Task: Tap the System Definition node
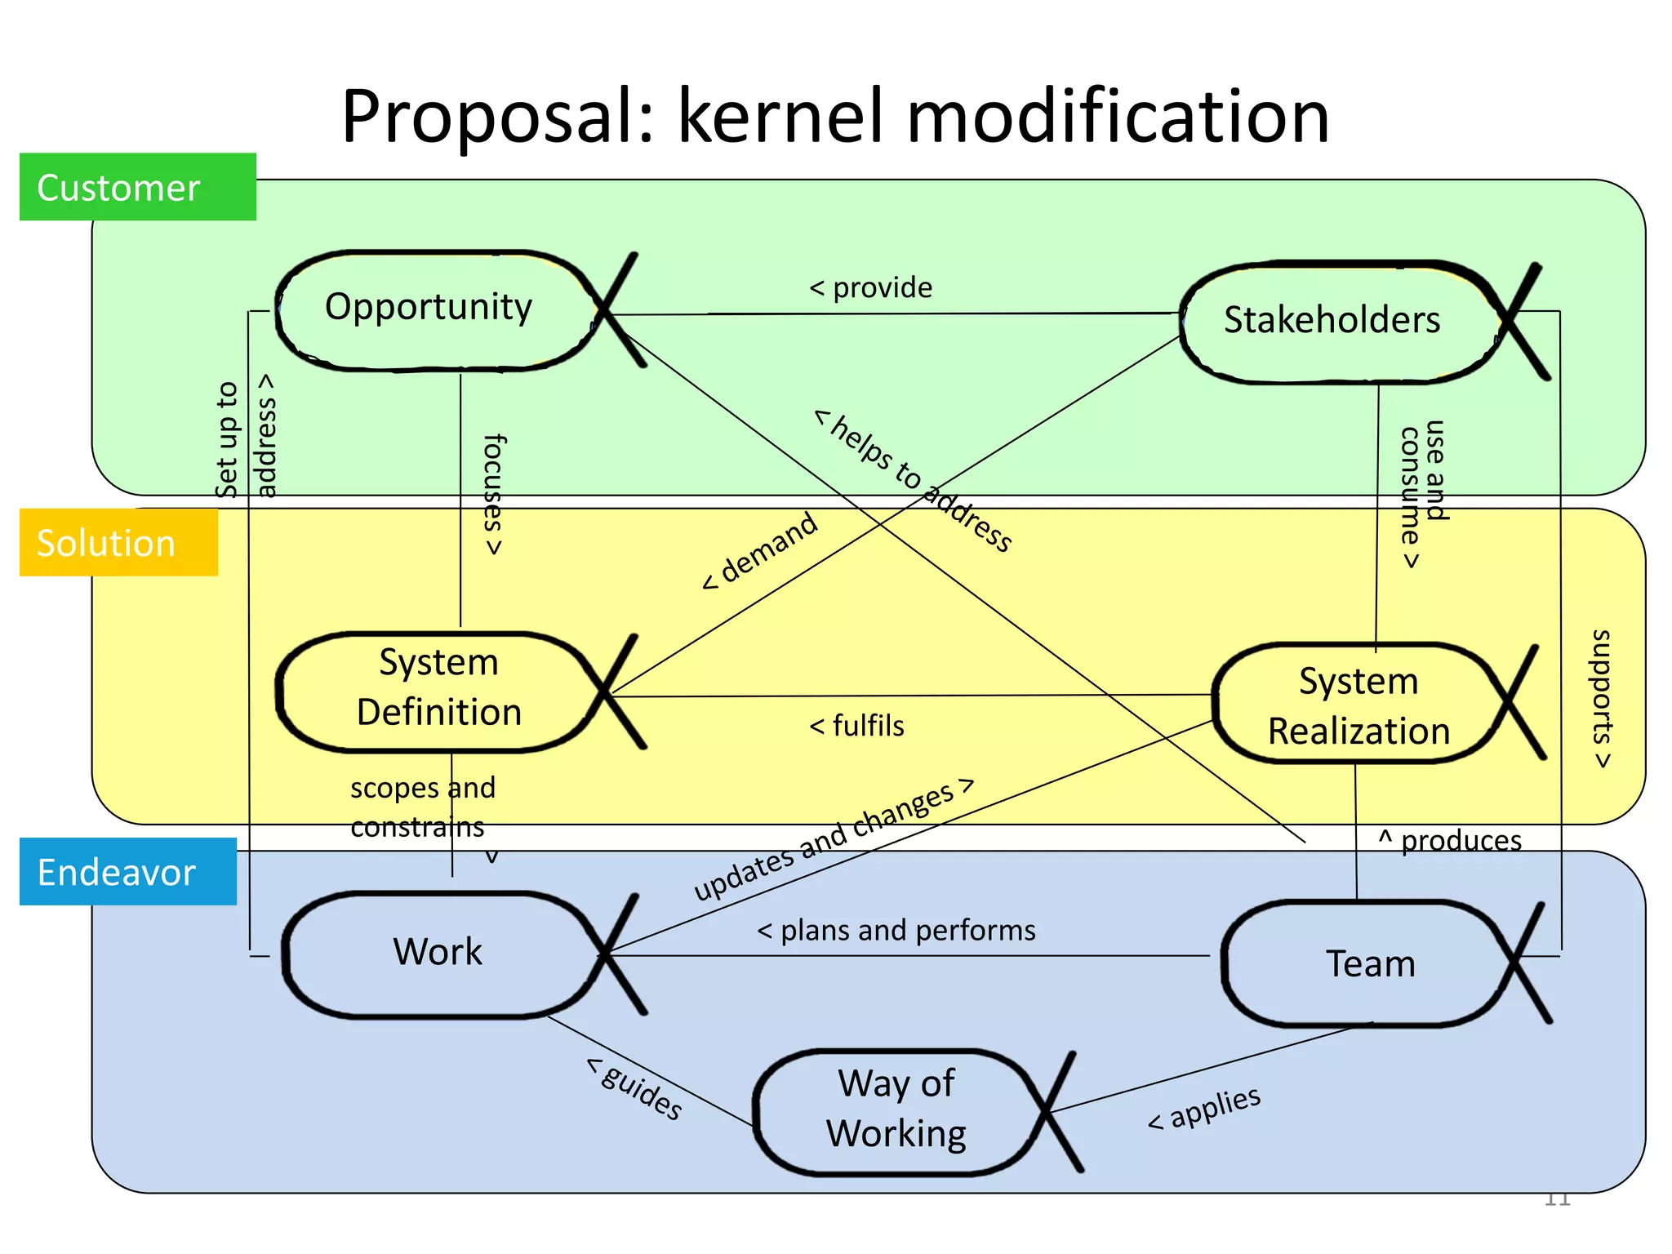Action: point(438,689)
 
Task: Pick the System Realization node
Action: point(1358,706)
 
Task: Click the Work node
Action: point(438,954)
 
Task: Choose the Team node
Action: point(1370,965)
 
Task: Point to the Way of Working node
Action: point(896,1110)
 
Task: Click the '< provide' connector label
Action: point(870,288)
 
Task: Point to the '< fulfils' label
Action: point(856,726)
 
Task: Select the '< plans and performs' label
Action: point(896,931)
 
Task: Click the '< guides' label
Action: point(635,1087)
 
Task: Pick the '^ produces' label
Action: point(1450,840)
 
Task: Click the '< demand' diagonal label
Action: point(760,550)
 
